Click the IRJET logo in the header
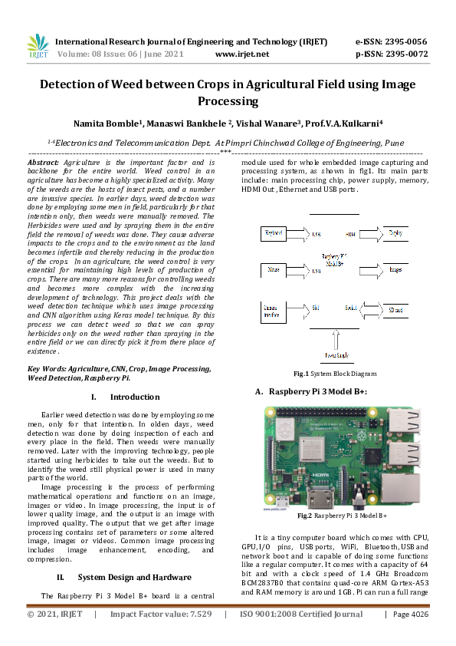[38, 46]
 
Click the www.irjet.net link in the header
[242, 54]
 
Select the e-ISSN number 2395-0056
[407, 41]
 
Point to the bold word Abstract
[43, 163]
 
